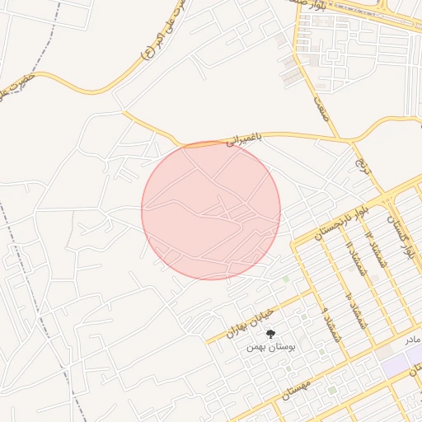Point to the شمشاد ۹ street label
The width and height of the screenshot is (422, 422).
tap(332, 325)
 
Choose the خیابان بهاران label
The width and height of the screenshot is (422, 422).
tap(248, 322)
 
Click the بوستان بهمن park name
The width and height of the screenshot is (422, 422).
tap(270, 348)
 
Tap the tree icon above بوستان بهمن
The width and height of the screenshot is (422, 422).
tap(270, 334)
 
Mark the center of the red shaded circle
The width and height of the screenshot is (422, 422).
tap(211, 210)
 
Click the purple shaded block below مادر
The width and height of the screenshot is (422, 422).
tap(400, 361)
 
